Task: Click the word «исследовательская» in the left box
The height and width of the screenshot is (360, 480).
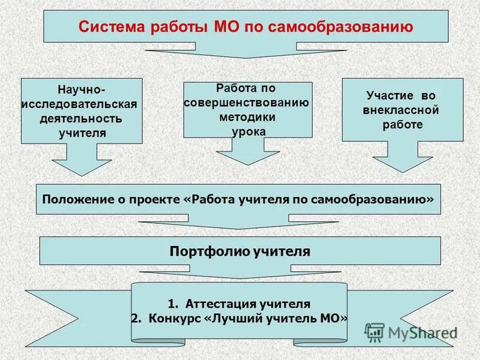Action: (80, 104)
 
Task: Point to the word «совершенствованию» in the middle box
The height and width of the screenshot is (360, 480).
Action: (247, 102)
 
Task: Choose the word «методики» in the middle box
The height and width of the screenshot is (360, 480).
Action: (247, 116)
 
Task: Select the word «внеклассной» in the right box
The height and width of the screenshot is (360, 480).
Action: (401, 110)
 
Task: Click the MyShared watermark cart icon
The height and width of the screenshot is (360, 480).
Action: (374, 332)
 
